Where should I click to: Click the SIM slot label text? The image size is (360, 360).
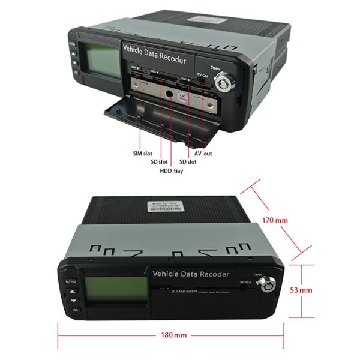point(142,154)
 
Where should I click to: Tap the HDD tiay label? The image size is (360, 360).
point(171,171)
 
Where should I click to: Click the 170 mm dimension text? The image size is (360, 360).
point(276,220)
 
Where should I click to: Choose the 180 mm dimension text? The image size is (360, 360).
point(173,334)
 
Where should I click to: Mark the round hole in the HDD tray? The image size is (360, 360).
point(171,94)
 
